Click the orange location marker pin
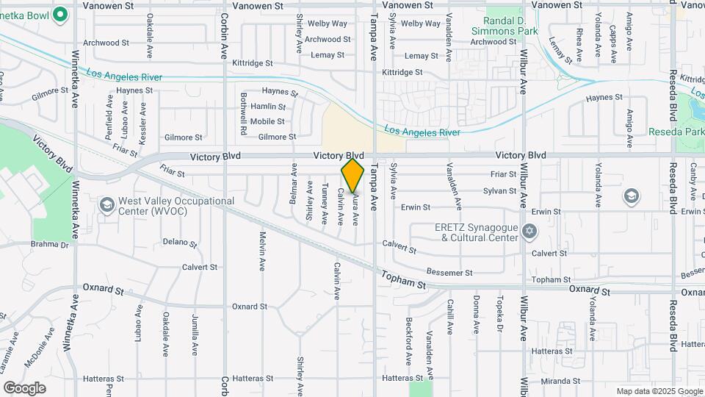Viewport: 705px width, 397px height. (x=352, y=176)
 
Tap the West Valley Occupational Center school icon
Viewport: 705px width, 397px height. (x=106, y=203)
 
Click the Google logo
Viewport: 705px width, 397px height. (x=24, y=387)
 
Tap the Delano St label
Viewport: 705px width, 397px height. (x=180, y=242)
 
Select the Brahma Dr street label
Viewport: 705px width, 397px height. (x=49, y=245)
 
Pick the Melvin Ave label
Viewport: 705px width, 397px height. (x=261, y=251)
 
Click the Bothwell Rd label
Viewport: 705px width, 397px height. (x=242, y=113)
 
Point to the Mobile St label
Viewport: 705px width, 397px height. (x=267, y=121)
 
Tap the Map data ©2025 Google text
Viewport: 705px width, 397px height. (x=658, y=391)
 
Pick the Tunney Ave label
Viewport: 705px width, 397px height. (x=325, y=204)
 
